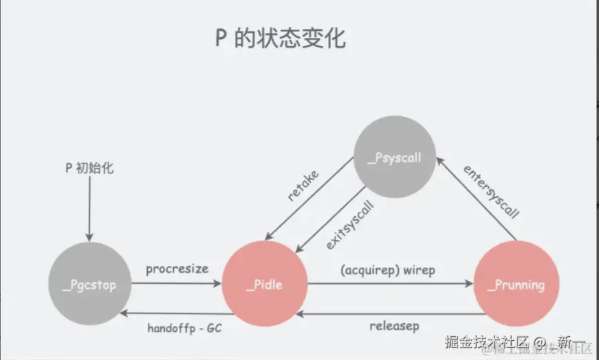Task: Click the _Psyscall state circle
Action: [x=394, y=157]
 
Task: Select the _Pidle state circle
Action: [x=265, y=284]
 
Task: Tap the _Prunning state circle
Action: [x=516, y=284]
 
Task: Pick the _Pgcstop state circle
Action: [x=90, y=284]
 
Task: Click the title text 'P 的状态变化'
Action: [x=280, y=38]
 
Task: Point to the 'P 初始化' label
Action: [x=89, y=168]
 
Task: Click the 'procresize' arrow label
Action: [x=177, y=269]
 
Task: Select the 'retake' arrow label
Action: [x=303, y=185]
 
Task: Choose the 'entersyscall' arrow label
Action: [x=491, y=192]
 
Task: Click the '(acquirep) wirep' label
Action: [x=388, y=270]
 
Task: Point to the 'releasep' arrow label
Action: [x=394, y=326]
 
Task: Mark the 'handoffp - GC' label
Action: [x=184, y=327]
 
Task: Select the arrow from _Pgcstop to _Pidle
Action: [x=176, y=283]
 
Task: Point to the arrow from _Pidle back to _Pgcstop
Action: [x=176, y=313]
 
